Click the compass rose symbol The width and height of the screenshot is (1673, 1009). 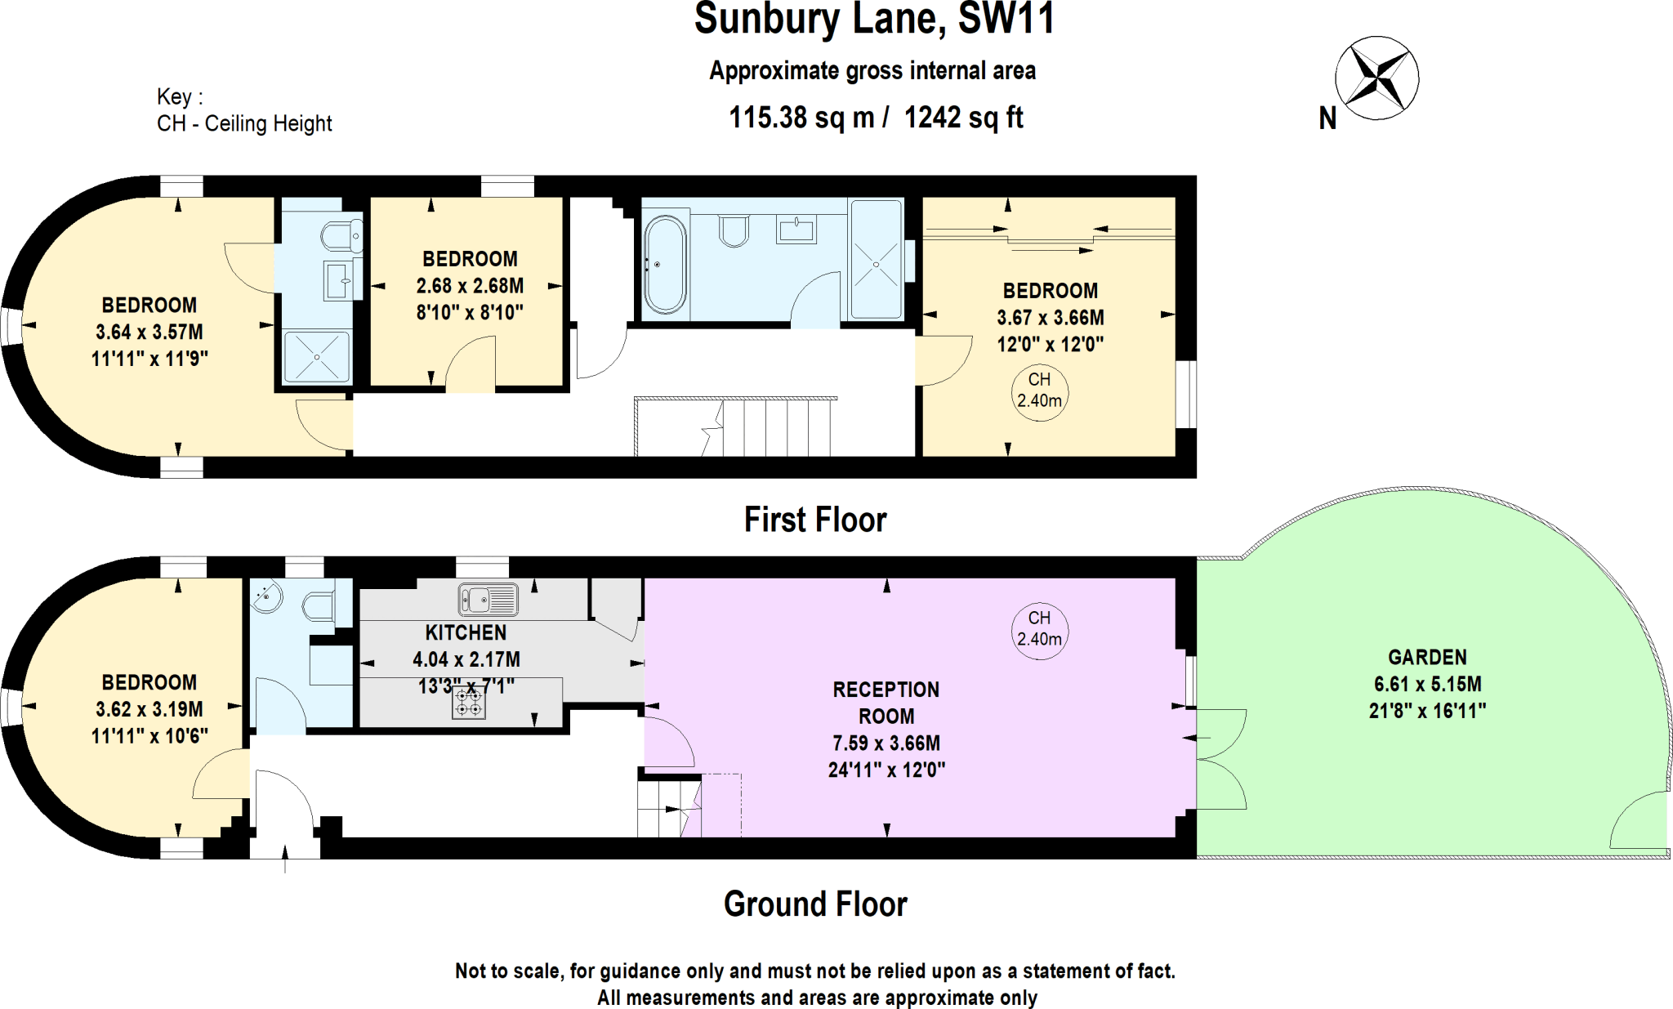tap(1376, 78)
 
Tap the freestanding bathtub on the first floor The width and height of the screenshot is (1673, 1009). tap(665, 265)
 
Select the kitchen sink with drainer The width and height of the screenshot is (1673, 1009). tap(488, 599)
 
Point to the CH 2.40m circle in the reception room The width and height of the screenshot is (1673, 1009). tap(1039, 629)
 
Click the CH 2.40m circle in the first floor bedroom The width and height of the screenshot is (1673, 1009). tap(1039, 391)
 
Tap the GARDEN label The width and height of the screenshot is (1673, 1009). tap(1427, 658)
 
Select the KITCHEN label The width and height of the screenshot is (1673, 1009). tap(466, 633)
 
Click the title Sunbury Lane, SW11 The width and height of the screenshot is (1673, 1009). tap(874, 20)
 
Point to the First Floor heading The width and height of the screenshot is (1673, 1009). tap(815, 520)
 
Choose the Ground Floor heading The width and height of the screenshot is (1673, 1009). tap(815, 904)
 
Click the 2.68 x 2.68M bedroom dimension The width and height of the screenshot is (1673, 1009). tap(470, 286)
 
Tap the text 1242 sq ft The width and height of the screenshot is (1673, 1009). tap(964, 118)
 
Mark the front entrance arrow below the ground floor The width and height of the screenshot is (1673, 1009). tap(284, 859)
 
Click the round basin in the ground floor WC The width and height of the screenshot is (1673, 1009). tap(266, 596)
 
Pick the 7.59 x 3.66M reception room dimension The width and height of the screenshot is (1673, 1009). tap(886, 743)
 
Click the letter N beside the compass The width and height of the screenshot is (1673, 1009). tap(1327, 119)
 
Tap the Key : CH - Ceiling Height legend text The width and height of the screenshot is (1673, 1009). tap(244, 110)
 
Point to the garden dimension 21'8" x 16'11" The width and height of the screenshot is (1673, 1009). tap(1427, 711)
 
